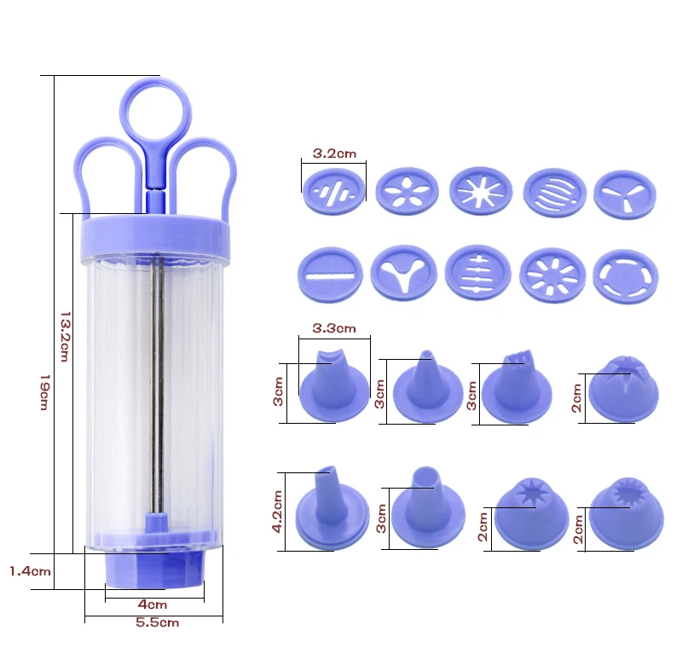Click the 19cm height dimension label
tap(44, 392)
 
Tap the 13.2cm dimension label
tap(65, 336)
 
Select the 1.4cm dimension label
tap(30, 571)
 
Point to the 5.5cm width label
tap(158, 622)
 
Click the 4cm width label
tap(153, 605)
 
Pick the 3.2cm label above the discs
tap(334, 153)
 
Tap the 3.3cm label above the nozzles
tap(334, 328)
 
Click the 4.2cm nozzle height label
tap(277, 512)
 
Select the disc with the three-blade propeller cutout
tap(625, 195)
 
